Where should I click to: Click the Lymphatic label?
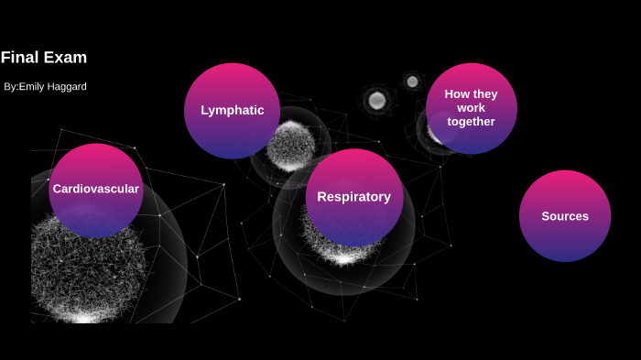233,111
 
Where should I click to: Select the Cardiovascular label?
96,190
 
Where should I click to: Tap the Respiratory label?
353,197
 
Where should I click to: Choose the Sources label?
565,217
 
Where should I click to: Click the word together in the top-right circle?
471,122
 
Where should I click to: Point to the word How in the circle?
457,94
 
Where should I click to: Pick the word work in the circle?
471,108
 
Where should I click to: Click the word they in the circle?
485,94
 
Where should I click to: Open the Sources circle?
565,238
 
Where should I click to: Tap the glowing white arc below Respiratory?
343,257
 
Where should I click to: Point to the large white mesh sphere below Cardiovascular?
87,275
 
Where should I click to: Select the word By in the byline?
10,87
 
